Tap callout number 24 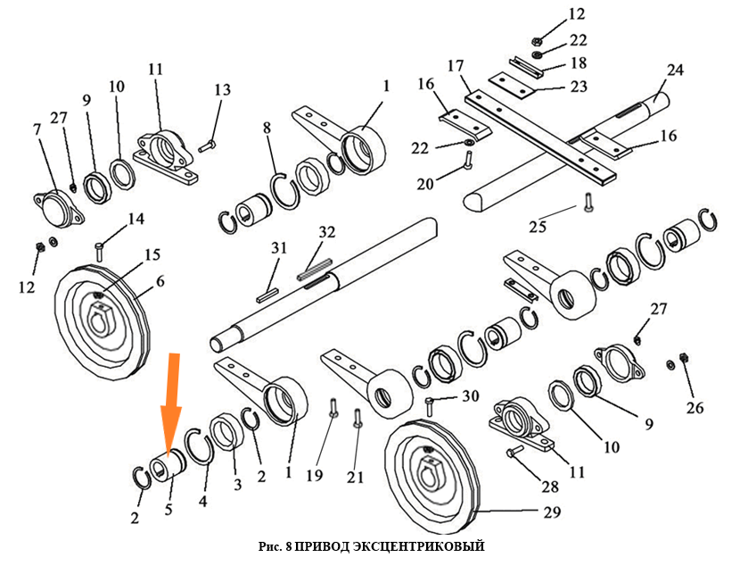click(675, 71)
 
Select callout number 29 click(552, 512)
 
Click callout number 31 click(279, 247)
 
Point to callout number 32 click(327, 233)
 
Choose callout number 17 click(456, 65)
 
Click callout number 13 click(222, 89)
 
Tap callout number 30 click(471, 395)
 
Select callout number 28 click(550, 487)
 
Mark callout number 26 click(695, 409)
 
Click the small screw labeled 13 click(206, 144)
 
